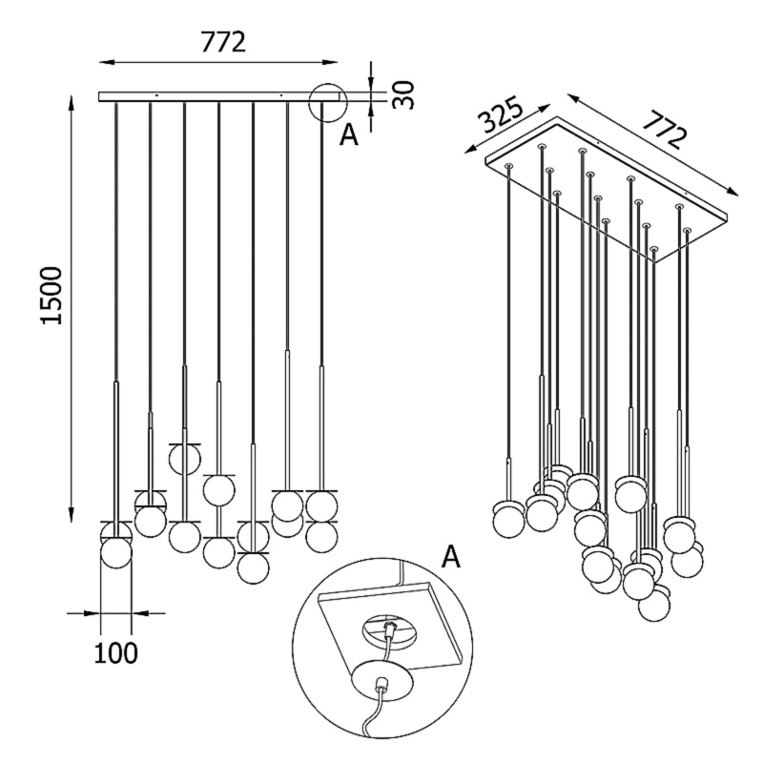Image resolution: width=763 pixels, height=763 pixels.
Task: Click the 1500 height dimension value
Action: pos(52,295)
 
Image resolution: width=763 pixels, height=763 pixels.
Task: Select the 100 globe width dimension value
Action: pos(116,653)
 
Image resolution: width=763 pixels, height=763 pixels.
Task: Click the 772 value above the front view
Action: pos(223,42)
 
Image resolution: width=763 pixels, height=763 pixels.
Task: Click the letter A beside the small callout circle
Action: pos(349,136)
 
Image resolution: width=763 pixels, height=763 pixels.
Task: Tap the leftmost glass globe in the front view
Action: pos(116,551)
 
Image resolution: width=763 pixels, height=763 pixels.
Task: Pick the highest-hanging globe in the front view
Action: pos(184,459)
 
